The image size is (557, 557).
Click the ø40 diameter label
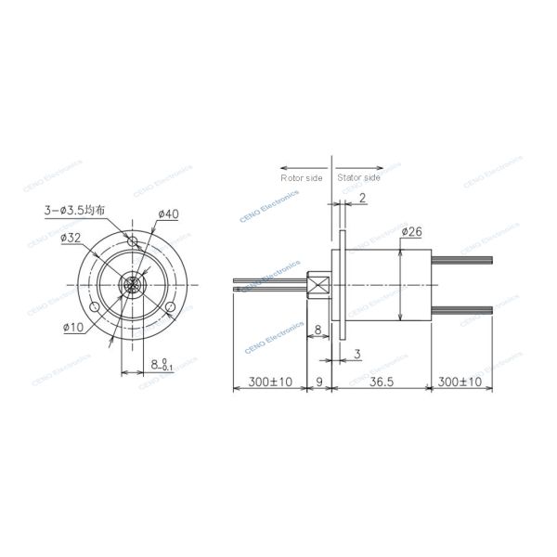point(168,214)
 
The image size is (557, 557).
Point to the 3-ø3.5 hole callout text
point(74,211)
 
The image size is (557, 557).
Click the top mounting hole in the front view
point(134,243)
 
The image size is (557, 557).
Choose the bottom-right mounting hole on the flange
point(172,307)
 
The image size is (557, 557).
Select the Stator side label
point(357,176)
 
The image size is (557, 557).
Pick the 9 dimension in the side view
point(319,382)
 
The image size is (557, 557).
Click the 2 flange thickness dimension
point(362,198)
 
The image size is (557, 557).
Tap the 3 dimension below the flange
point(356,355)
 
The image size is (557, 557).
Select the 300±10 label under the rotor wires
point(270,382)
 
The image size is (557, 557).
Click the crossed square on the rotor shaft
point(318,285)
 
